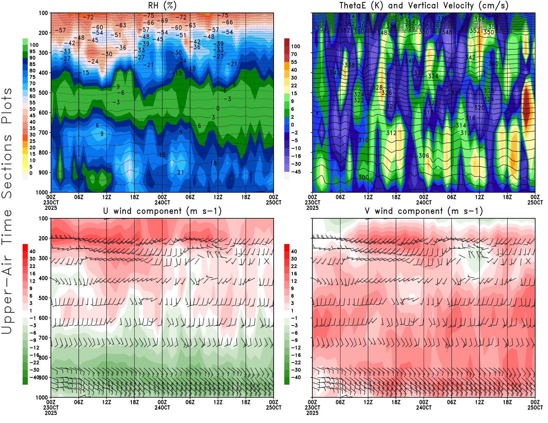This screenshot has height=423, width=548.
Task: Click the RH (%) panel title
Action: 162,5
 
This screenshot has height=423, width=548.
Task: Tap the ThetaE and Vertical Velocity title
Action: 424,5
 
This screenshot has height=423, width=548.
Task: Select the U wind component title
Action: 162,211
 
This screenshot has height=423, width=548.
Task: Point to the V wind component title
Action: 424,211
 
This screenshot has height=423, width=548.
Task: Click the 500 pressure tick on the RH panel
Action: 43,93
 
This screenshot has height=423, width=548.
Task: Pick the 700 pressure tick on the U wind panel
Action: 43,338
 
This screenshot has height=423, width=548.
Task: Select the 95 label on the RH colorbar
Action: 33,51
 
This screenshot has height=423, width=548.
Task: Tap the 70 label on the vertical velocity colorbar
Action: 294,54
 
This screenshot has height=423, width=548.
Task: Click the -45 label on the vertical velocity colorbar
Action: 295,172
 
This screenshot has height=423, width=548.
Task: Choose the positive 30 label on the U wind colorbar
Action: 33,259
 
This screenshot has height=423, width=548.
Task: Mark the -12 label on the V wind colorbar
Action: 295,348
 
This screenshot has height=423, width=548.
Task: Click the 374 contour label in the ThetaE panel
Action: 350,16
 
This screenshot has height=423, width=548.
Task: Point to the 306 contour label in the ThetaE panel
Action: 424,156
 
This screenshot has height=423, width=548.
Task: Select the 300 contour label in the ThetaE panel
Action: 363,178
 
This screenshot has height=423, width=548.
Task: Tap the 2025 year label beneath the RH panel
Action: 51,208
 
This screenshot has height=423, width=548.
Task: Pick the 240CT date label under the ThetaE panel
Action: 424,202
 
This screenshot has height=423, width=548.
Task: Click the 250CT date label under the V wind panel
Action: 535,408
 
